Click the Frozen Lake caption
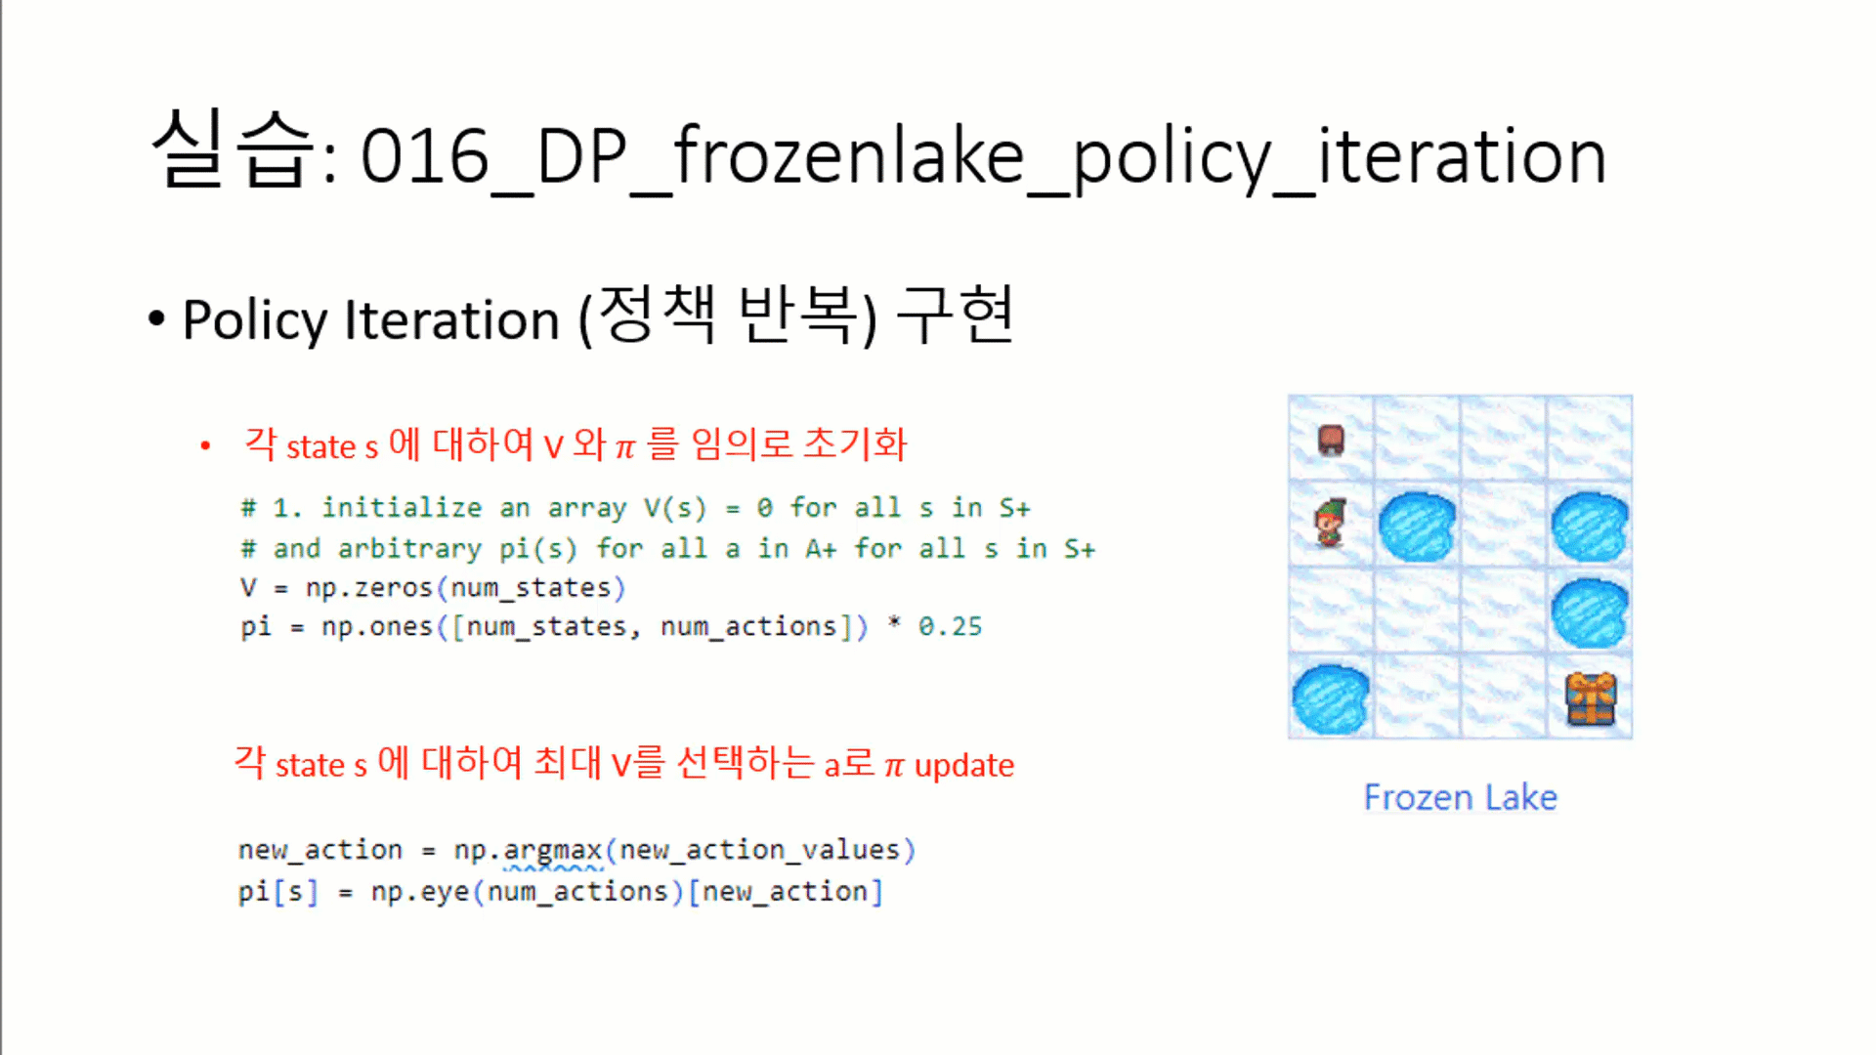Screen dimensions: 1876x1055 click(x=1460, y=797)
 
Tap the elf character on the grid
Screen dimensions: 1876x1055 click(x=1330, y=524)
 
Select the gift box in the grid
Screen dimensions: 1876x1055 click(x=1591, y=698)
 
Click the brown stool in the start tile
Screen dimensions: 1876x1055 click(x=1331, y=440)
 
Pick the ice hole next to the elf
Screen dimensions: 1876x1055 click(x=1417, y=527)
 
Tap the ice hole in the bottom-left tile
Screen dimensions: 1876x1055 click(x=1330, y=699)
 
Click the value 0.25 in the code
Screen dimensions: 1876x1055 click(x=950, y=626)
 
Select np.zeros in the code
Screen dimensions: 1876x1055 click(x=368, y=588)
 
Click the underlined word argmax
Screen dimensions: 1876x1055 click(x=553, y=851)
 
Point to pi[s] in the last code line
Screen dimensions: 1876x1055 click(x=278, y=892)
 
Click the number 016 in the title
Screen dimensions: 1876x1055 click(x=425, y=156)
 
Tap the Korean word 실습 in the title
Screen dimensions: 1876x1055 click(x=233, y=148)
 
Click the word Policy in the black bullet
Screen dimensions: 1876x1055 click(x=255, y=320)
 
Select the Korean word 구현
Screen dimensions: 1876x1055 click(x=955, y=315)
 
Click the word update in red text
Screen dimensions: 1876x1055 click(x=964, y=766)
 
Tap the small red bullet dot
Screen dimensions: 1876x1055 click(x=205, y=446)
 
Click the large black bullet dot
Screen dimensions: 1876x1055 click(x=156, y=318)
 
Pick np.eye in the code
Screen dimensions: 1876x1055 click(x=420, y=892)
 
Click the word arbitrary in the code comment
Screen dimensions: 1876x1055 click(x=409, y=549)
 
